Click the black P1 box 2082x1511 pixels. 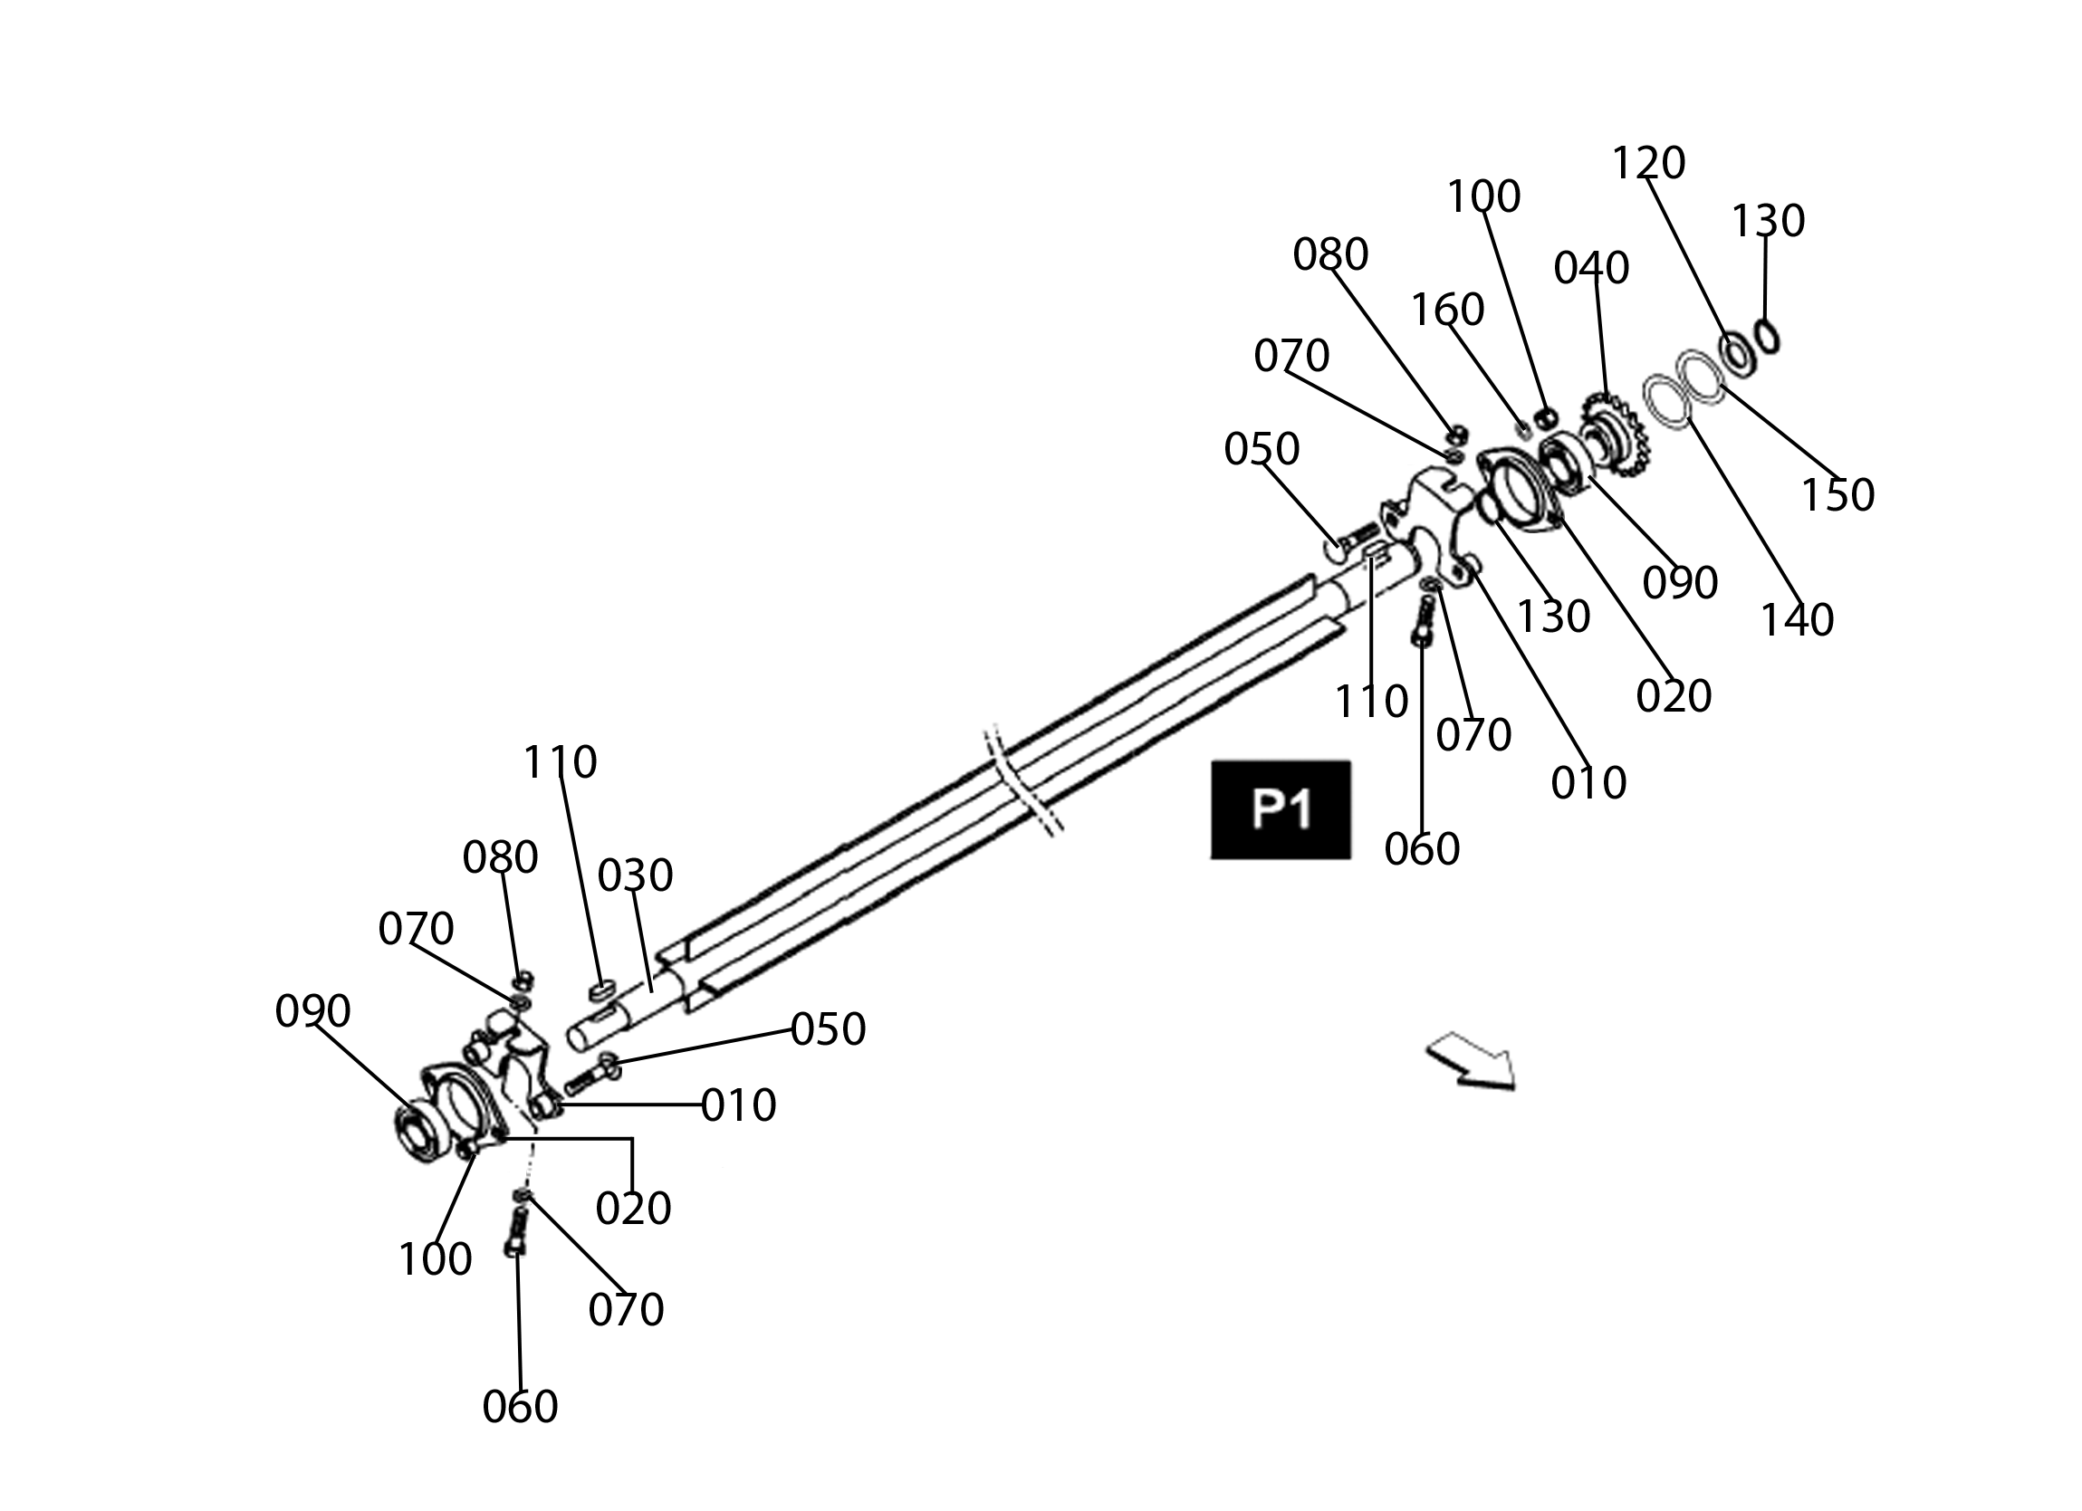coord(1281,809)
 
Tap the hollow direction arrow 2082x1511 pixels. coord(1472,1063)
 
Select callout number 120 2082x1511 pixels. coord(1649,163)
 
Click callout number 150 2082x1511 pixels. coord(1837,496)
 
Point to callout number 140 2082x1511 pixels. coord(1797,620)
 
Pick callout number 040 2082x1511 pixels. coord(1591,268)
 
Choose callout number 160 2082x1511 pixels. coord(1448,311)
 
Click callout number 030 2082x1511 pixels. coord(635,875)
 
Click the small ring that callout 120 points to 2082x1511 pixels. coord(1738,354)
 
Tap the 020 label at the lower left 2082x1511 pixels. coord(633,1209)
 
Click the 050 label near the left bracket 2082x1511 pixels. coord(828,1030)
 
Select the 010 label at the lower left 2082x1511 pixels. coord(739,1106)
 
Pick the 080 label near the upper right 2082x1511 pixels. coord(1330,254)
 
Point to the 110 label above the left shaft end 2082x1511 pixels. coord(560,762)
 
